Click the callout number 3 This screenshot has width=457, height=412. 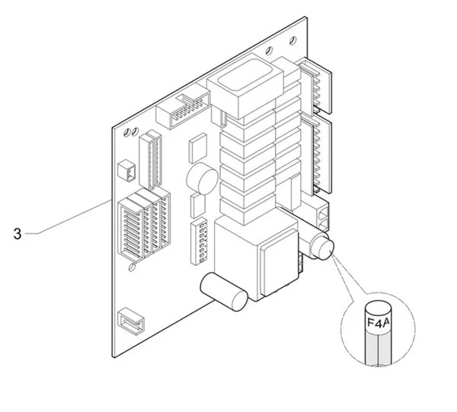click(x=18, y=234)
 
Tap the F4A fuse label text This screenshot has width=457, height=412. click(x=378, y=322)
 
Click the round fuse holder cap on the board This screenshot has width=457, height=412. click(x=321, y=247)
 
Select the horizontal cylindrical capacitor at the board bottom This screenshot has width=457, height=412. click(x=224, y=292)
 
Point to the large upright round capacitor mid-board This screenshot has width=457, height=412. click(x=203, y=179)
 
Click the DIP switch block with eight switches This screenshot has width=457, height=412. click(x=199, y=243)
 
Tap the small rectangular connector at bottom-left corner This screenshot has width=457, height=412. click(x=131, y=321)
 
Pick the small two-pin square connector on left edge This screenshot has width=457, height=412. click(x=126, y=171)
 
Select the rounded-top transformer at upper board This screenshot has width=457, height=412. click(x=244, y=85)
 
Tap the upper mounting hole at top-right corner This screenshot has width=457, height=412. click(x=293, y=40)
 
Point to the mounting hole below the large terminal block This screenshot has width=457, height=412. click(x=132, y=267)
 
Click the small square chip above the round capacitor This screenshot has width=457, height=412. click(x=198, y=148)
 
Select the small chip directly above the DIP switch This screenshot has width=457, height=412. click(x=198, y=206)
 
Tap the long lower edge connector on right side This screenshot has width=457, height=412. click(x=317, y=155)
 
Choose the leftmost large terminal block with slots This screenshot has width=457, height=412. click(x=131, y=229)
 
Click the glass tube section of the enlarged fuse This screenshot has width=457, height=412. click(x=378, y=350)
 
